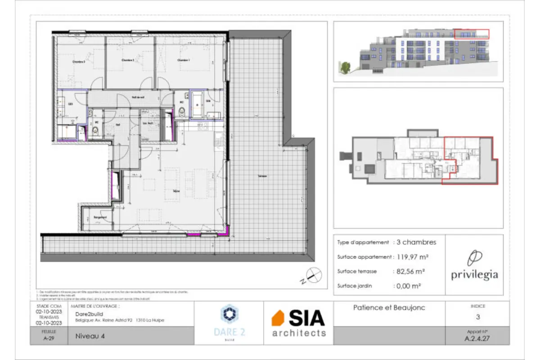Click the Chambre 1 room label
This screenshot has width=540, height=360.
[x=182, y=60]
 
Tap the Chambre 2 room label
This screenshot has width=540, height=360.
[x=128, y=60]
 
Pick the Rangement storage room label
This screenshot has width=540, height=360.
[x=100, y=217]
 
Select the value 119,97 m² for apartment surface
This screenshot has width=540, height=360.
[x=412, y=257]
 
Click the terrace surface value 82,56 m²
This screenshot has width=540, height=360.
[x=410, y=271]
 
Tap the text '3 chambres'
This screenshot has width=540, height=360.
[x=416, y=242]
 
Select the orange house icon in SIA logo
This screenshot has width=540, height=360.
[x=278, y=318]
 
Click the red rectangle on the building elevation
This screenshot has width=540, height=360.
[x=471, y=34]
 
